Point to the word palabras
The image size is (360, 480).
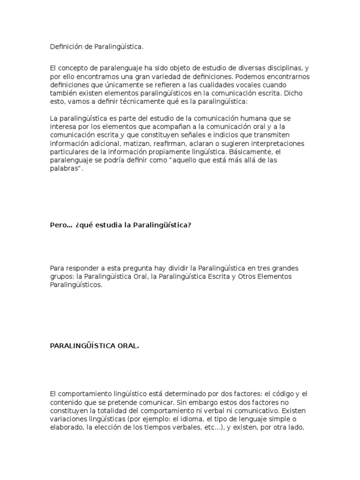pos(64,169)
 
